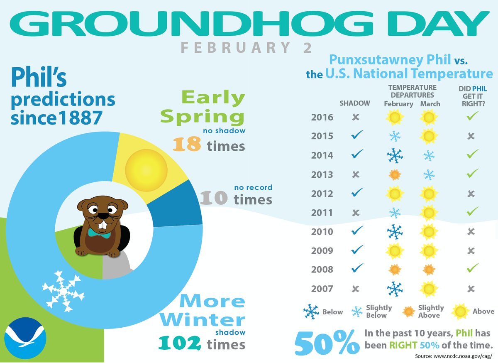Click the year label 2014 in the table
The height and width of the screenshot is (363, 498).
(x=322, y=155)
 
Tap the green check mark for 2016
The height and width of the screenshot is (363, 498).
(x=470, y=116)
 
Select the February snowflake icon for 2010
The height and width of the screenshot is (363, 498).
(x=395, y=231)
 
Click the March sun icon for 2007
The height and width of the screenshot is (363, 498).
(x=429, y=289)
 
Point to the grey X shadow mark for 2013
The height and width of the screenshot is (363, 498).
(x=356, y=174)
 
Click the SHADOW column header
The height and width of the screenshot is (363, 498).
(x=355, y=103)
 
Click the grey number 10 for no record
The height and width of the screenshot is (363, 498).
(x=214, y=199)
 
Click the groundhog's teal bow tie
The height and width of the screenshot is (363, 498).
(x=99, y=233)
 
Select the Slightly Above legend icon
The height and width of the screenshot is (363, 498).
(x=409, y=311)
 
